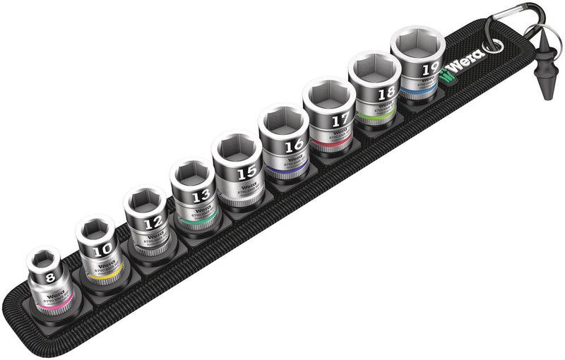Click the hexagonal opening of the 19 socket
coord(418,42)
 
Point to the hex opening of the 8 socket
coord(44,260)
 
